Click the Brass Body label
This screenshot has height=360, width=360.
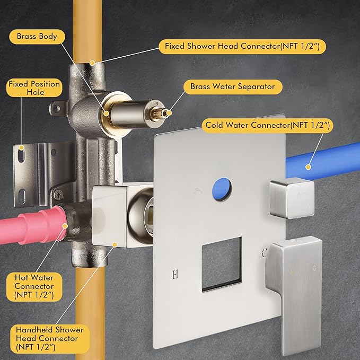[37, 37]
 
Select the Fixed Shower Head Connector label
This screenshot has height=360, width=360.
[242, 46]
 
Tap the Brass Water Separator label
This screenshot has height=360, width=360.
[233, 87]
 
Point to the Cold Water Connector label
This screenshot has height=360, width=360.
[267, 125]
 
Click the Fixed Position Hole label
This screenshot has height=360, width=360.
[34, 88]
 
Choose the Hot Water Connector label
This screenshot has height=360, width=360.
[34, 286]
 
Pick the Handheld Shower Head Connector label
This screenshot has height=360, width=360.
[50, 339]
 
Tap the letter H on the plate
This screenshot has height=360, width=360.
[175, 274]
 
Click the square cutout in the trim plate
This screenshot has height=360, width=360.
[222, 264]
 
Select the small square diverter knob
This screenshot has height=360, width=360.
[292, 198]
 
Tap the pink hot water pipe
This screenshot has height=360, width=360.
[32, 226]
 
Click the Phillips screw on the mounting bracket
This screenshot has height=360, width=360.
[58, 195]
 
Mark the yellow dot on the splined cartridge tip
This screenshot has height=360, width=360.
[169, 113]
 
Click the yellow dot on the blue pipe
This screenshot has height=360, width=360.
[309, 167]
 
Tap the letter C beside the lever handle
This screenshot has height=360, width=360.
[264, 253]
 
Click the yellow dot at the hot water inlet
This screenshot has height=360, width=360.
[65, 226]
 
